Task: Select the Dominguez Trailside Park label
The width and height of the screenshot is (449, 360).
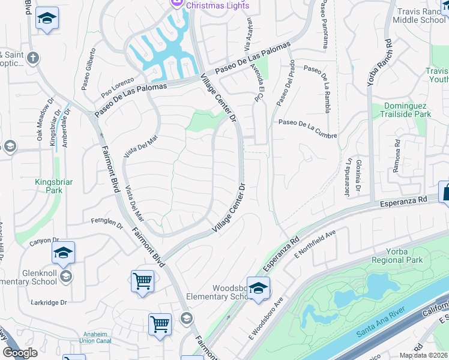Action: (408, 110)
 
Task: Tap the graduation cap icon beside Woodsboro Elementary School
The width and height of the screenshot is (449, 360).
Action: (258, 289)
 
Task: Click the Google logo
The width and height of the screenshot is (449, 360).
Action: (20, 353)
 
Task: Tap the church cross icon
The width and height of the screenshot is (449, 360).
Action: (32, 58)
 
